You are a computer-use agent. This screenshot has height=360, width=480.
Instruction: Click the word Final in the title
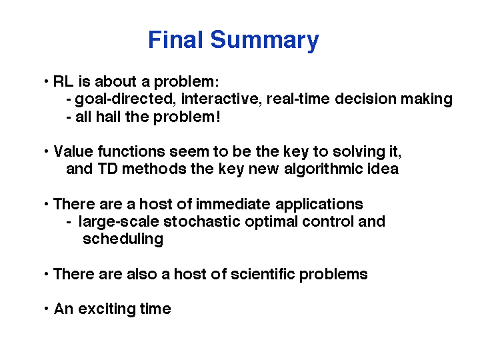175,39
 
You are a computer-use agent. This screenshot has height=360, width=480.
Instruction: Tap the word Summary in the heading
265,41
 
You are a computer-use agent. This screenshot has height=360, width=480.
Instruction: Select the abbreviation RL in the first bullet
63,81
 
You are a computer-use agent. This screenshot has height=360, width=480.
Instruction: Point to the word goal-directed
124,99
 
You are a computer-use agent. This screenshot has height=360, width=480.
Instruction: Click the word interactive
220,99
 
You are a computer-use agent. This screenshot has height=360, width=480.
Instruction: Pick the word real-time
298,99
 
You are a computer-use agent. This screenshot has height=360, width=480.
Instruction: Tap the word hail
108,117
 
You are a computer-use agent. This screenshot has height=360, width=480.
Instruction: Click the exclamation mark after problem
218,117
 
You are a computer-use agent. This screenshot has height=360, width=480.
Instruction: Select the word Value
73,151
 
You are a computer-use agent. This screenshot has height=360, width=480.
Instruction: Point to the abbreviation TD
107,169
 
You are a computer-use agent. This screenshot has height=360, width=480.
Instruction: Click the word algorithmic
320,169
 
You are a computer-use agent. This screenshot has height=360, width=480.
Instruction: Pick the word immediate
233,204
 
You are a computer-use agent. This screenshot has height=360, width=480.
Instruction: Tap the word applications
319,205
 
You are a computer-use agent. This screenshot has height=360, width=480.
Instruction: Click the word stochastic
202,221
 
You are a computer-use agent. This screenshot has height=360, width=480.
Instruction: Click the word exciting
107,309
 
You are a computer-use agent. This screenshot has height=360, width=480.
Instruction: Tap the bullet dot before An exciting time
46,309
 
